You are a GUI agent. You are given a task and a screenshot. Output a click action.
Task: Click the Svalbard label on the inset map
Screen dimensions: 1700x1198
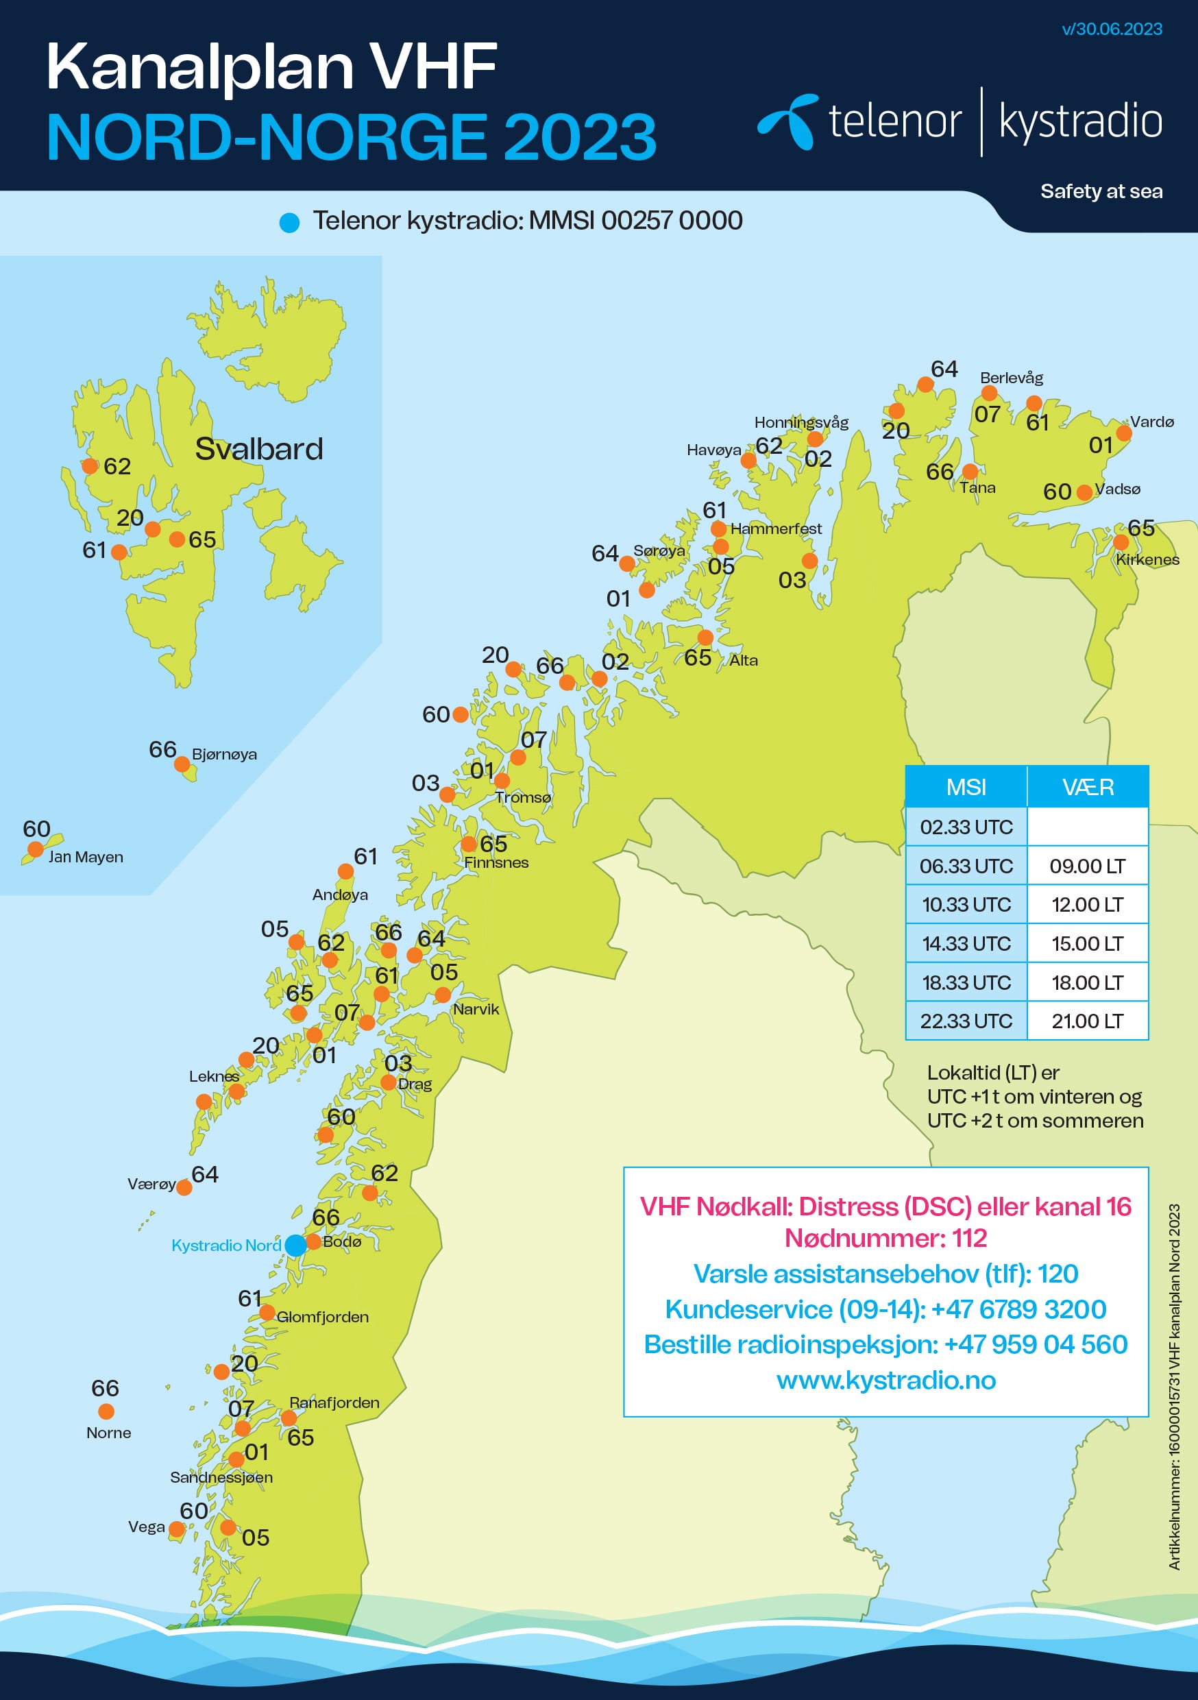[258, 449]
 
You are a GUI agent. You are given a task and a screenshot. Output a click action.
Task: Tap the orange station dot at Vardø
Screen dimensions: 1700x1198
[1123, 433]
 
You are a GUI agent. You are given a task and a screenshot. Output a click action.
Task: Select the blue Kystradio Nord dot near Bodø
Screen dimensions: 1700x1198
[295, 1245]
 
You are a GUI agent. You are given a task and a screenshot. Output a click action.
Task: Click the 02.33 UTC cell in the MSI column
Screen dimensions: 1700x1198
[966, 827]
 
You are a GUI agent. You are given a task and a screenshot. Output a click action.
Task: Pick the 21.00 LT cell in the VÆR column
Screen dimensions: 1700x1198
[1087, 1021]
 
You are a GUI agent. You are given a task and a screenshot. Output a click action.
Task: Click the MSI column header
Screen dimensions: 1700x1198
[966, 786]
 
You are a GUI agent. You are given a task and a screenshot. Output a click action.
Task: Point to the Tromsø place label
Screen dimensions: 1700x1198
[523, 797]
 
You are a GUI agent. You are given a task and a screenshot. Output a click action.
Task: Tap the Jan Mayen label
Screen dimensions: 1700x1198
[86, 857]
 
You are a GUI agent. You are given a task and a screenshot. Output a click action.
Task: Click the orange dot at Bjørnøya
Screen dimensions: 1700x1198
[182, 764]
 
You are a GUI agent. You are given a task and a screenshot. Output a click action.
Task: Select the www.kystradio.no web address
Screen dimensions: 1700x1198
[885, 1380]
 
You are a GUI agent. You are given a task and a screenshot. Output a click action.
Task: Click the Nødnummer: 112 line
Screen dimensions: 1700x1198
[885, 1238]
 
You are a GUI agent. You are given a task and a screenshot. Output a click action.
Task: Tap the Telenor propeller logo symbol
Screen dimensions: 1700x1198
[787, 121]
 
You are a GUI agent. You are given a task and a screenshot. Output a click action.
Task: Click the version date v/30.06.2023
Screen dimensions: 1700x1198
[1112, 29]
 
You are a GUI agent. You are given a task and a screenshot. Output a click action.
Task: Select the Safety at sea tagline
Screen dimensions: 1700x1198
[1101, 191]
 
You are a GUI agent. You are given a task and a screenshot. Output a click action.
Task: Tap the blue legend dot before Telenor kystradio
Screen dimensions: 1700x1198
[289, 222]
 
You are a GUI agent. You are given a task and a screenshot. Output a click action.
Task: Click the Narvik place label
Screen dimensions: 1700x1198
[476, 1009]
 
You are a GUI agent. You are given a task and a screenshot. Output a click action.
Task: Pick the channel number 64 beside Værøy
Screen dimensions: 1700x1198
[205, 1174]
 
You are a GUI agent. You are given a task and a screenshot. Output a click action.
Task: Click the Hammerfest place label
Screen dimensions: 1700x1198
[775, 529]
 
